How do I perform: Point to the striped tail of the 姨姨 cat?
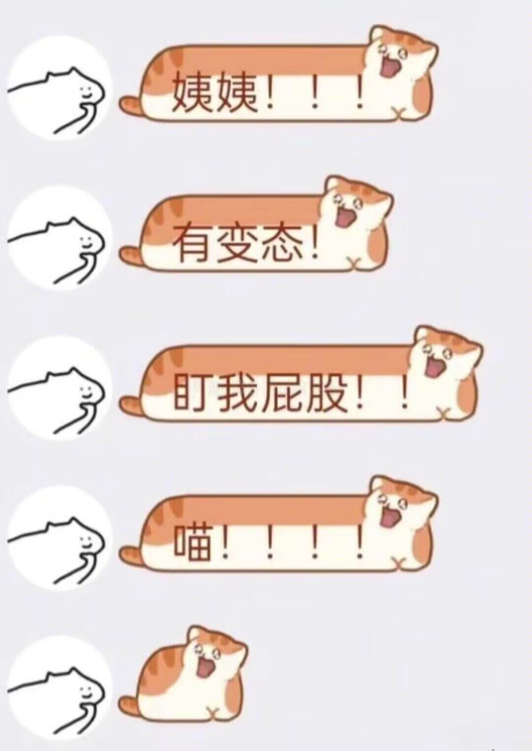[130, 104]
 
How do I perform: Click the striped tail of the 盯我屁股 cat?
[130, 405]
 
